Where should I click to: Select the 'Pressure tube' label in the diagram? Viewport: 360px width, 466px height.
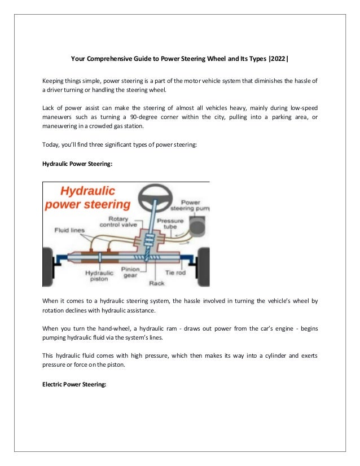168,223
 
